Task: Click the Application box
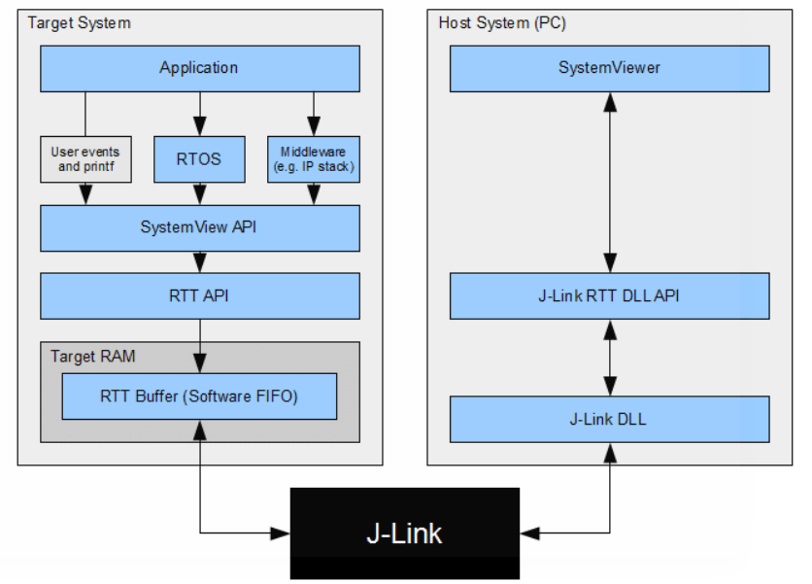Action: (x=199, y=68)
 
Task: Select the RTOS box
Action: (x=199, y=159)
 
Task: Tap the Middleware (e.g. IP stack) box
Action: (x=313, y=159)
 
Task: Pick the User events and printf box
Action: (x=85, y=159)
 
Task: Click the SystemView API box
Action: (x=199, y=228)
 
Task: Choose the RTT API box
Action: (x=199, y=295)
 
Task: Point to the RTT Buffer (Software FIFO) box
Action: (x=199, y=395)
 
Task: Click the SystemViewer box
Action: (x=609, y=68)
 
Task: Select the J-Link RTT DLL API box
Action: (x=609, y=295)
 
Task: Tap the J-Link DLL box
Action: (x=609, y=419)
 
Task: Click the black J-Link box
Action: (x=404, y=533)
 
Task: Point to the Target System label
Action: (x=79, y=22)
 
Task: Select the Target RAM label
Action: (x=93, y=357)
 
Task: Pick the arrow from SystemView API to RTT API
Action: (x=199, y=261)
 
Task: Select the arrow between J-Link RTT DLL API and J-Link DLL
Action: (x=609, y=357)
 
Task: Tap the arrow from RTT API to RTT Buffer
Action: (x=199, y=346)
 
